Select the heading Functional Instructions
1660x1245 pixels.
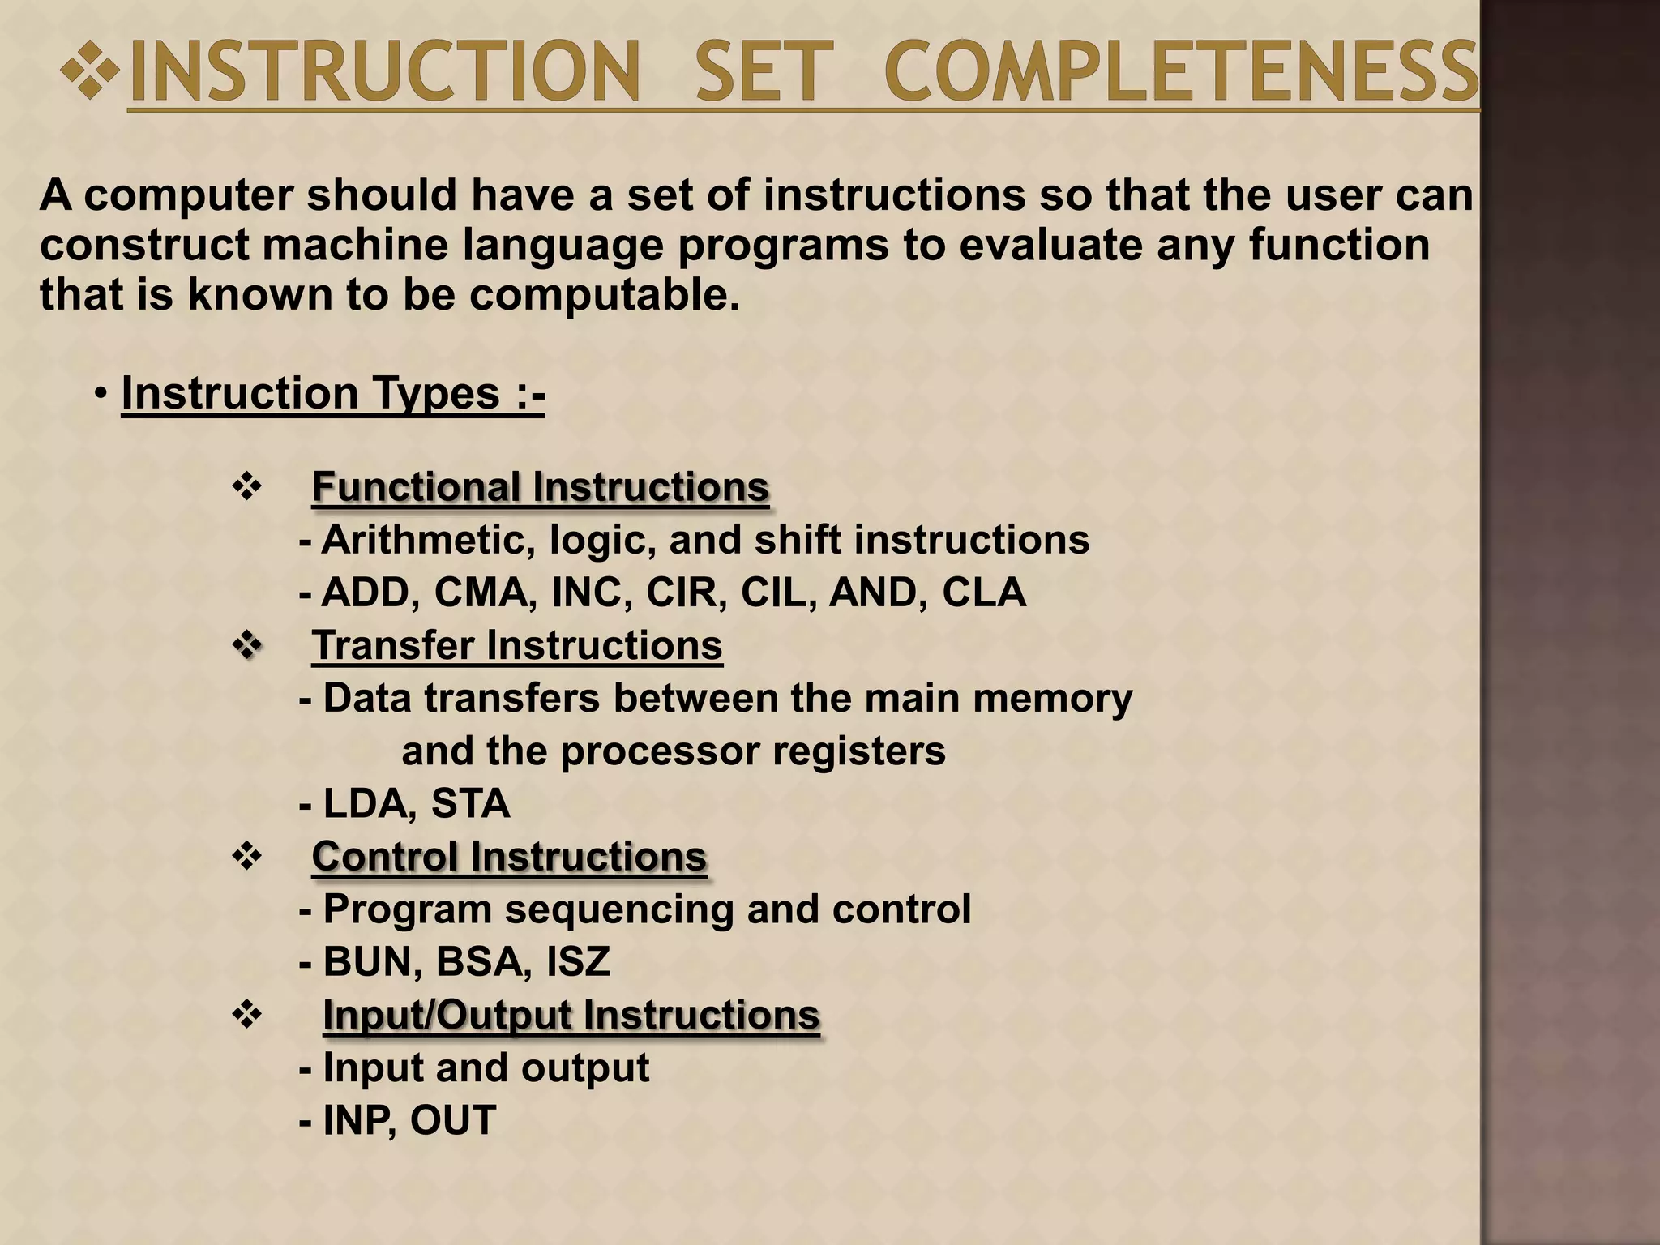(540, 487)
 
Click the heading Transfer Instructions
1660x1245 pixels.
(517, 646)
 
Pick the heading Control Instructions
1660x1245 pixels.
(509, 857)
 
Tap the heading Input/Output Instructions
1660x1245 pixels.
(571, 1015)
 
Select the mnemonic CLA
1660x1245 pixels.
(983, 593)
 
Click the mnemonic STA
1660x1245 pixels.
(470, 804)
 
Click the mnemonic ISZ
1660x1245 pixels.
(578, 962)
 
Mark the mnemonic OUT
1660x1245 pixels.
(452, 1121)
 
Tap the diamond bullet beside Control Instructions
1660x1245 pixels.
(246, 857)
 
